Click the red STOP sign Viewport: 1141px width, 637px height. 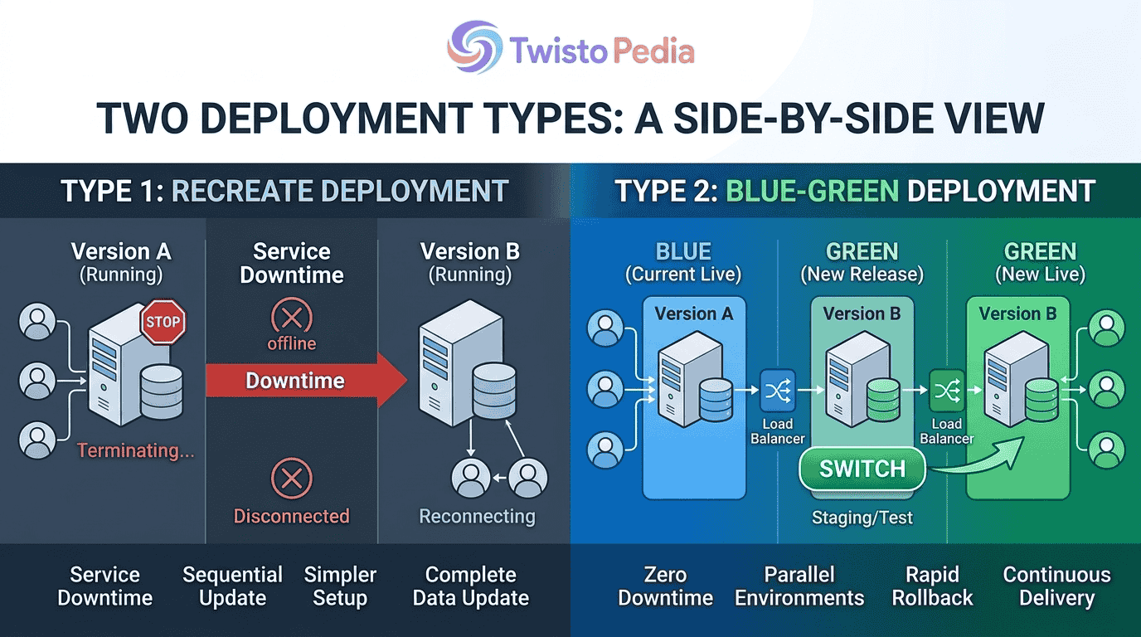(163, 322)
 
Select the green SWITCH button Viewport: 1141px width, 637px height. (862, 469)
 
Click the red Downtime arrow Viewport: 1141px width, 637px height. (306, 380)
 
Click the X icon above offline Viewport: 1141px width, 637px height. (291, 317)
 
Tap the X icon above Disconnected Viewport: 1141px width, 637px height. (291, 479)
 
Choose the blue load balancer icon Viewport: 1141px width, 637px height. (778, 391)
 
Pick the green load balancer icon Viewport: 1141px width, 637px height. (947, 391)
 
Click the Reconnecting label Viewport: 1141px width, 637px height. (478, 516)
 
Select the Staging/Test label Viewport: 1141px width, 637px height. (862, 518)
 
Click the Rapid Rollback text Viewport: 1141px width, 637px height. (932, 586)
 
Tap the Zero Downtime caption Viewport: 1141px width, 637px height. (665, 586)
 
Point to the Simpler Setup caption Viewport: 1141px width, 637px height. (340, 586)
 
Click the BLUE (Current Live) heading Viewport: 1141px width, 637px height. (683, 262)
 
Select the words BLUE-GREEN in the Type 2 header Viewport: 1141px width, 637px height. (813, 191)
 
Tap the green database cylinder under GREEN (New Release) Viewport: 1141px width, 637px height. (883, 400)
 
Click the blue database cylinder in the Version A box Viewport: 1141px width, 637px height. (716, 400)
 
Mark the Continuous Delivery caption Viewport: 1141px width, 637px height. (1056, 586)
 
